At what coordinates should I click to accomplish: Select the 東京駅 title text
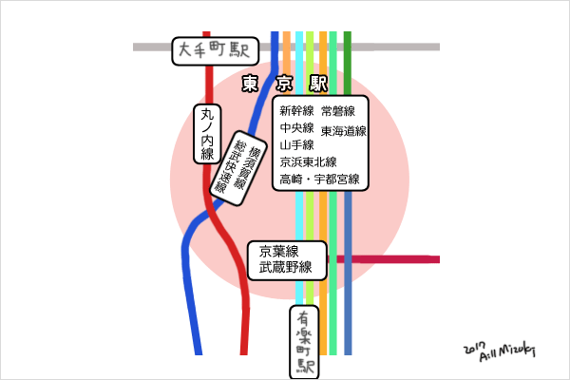285,84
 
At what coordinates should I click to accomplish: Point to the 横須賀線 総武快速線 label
233,163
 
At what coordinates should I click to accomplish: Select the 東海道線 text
344,130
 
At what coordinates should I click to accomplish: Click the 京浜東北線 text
309,162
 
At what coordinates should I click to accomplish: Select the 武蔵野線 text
286,268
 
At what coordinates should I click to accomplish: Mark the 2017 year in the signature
477,348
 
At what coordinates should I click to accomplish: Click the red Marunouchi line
246,313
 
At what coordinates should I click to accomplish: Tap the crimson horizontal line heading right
399,258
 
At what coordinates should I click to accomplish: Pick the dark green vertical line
348,57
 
